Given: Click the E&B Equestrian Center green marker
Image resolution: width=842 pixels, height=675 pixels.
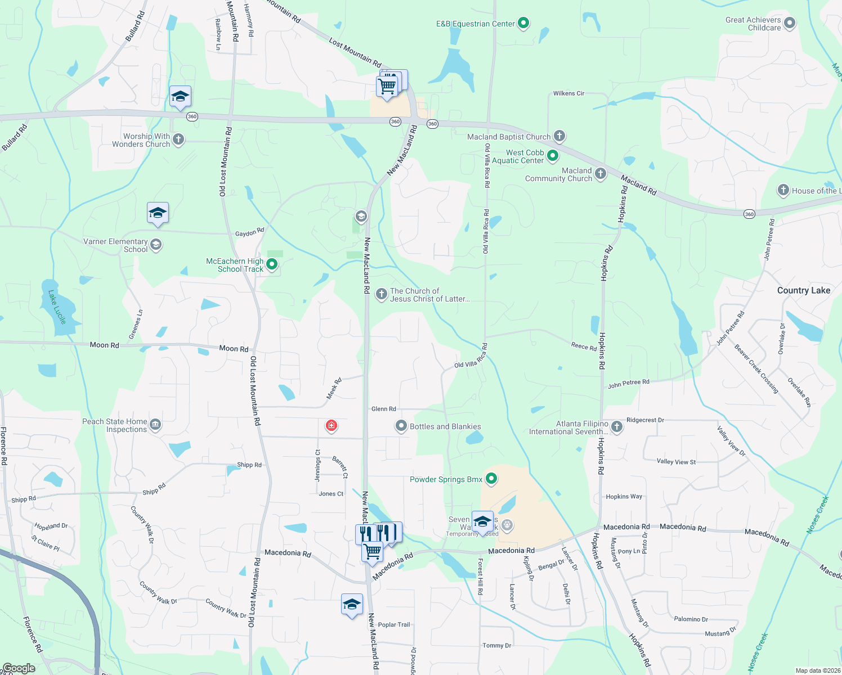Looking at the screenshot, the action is tap(523, 23).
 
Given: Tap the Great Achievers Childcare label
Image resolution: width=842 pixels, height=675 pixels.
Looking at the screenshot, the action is tap(753, 24).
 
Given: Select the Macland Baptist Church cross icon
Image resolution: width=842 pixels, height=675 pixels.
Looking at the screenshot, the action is tap(559, 136).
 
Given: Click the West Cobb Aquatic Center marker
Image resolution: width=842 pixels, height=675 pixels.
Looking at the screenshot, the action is tap(553, 155).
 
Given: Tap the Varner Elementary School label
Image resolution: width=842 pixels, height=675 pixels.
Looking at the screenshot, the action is tap(115, 245).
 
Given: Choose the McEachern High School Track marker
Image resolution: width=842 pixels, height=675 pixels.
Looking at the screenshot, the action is tap(272, 264).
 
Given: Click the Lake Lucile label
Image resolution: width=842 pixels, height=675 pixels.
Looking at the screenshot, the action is tap(57, 307).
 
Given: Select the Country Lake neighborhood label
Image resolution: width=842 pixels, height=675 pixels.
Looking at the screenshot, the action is tap(803, 290).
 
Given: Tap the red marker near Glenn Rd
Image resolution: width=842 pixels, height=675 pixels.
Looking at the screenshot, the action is tap(332, 426).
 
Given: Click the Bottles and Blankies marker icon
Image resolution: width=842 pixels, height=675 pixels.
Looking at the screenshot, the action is tap(401, 426).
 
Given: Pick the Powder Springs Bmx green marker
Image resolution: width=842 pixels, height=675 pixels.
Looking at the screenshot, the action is tap(491, 479).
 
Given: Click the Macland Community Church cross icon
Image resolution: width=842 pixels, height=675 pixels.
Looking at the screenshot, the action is tap(601, 173).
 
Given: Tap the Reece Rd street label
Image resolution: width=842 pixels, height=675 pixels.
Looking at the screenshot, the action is tap(584, 346).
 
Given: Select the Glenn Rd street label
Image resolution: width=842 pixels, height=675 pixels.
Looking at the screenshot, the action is tap(383, 409).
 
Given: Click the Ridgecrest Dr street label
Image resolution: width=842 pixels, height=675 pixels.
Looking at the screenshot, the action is tap(645, 420).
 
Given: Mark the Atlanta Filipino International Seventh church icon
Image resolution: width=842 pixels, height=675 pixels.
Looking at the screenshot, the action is tap(616, 426).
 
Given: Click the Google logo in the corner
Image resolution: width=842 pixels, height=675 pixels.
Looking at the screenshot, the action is tap(19, 668).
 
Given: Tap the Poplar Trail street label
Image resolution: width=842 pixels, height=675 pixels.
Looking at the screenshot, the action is tap(394, 624).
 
